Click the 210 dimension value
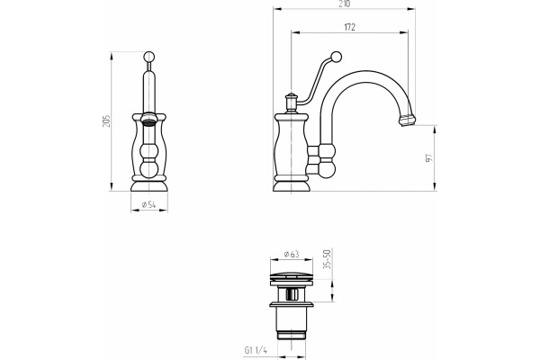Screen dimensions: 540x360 344,4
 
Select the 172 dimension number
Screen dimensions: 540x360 349,27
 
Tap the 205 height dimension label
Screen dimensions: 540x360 106,121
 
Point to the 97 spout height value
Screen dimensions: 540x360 428,158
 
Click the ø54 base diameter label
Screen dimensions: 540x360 148,204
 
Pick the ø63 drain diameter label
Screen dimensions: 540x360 292,254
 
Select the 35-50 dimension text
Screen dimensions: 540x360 328,259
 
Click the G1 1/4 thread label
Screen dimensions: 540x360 256,351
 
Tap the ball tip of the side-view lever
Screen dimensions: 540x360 336,57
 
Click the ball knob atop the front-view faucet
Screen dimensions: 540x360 148,57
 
